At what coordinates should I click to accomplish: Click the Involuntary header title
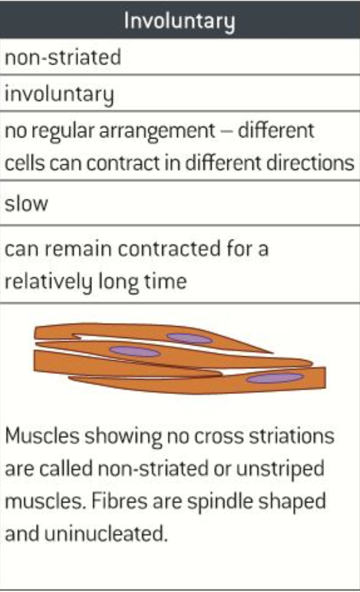point(179,21)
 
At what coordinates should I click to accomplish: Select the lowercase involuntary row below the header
point(59,95)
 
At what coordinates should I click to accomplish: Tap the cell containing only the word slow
point(26,204)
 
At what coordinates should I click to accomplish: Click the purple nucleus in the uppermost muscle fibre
point(189,339)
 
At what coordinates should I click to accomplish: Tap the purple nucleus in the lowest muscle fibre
point(275,378)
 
